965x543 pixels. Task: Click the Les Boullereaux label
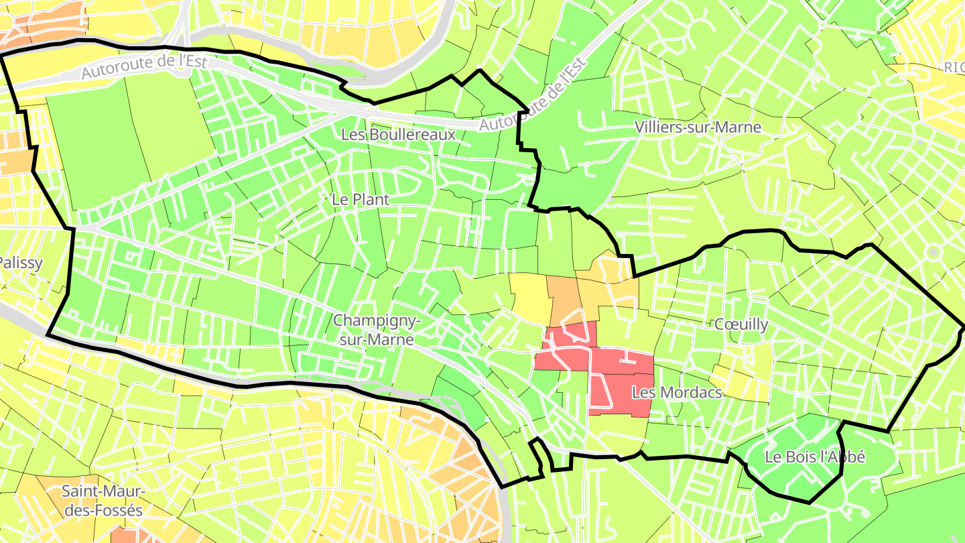(398, 135)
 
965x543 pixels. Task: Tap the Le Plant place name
(361, 200)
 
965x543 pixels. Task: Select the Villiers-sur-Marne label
(698, 127)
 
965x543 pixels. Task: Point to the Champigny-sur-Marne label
(377, 330)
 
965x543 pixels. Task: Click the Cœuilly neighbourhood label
(741, 324)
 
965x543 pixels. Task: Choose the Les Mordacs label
(677, 392)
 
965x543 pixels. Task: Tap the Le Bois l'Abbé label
(815, 458)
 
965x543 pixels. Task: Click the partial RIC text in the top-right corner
(953, 67)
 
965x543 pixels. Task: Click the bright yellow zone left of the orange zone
(529, 296)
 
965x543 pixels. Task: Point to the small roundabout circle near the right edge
(933, 253)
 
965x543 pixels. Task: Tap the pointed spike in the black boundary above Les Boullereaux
(480, 70)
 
